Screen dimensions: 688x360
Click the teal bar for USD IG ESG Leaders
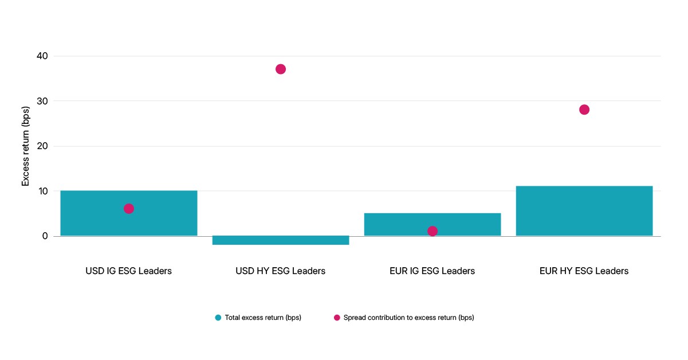129,213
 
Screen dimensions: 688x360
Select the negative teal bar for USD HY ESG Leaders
281,240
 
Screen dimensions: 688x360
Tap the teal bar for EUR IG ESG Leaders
433,224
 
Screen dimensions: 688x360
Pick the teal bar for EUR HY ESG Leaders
584,211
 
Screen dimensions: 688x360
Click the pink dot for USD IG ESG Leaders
129,209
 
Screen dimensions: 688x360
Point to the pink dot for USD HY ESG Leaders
281,69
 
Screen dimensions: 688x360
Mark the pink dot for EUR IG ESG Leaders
433,231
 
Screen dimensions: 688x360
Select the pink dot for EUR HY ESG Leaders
584,109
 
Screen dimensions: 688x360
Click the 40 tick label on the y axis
42,56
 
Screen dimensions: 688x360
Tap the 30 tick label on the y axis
42,101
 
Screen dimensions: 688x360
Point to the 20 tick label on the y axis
42,146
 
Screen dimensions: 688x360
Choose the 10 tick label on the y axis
43,191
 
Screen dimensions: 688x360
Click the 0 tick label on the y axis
45,236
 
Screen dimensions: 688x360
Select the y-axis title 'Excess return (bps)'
25,146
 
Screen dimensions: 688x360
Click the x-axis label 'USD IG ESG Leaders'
129,271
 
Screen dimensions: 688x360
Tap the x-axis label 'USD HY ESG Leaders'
281,271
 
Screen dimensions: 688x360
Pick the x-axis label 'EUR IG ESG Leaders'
432,271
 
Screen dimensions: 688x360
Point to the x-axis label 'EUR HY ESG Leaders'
584,271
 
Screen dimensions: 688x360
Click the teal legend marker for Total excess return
218,318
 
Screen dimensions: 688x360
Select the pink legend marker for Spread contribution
337,318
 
